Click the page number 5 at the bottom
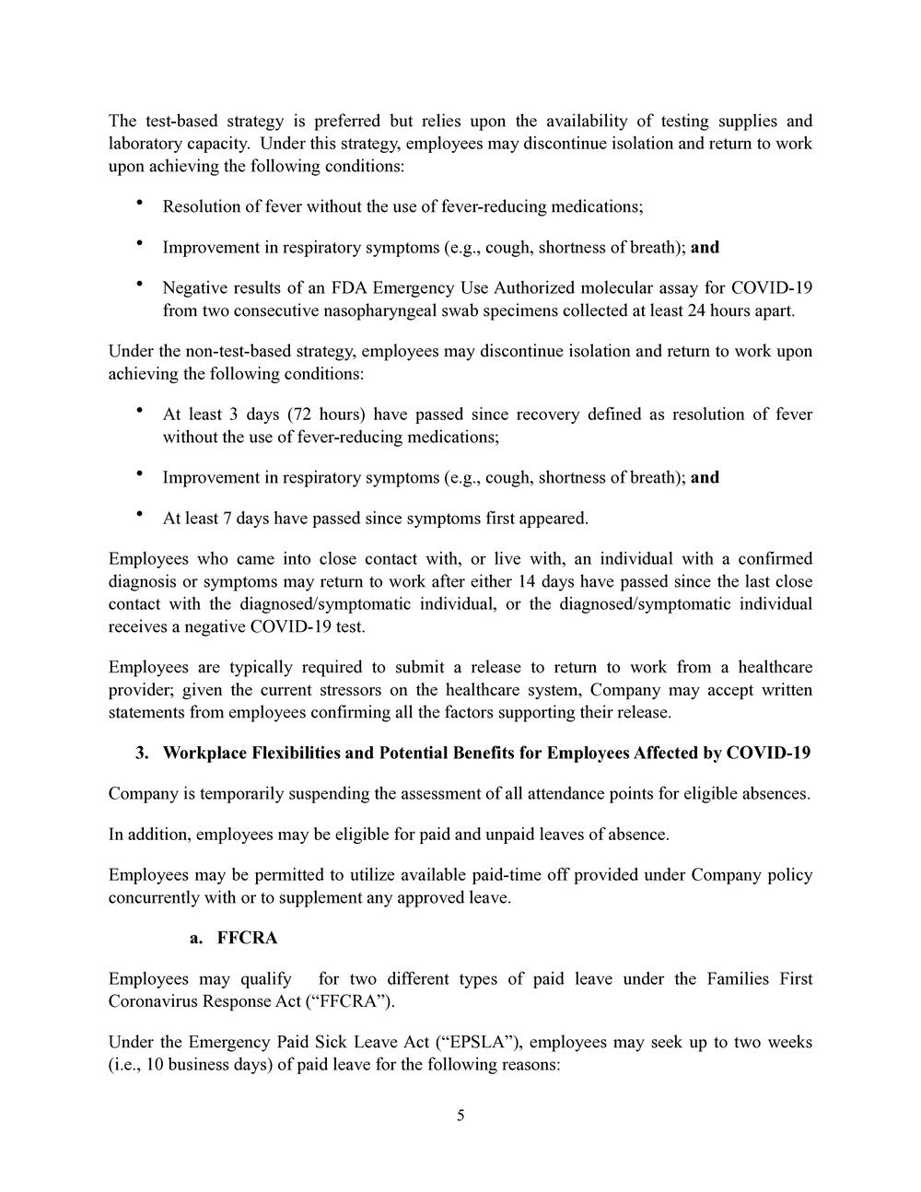click(x=460, y=1116)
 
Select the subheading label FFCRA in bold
click(x=247, y=939)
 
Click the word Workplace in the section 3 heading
click(x=201, y=754)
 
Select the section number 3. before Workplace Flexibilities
click(x=142, y=754)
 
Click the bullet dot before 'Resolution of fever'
click(x=139, y=203)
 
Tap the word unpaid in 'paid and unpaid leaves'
click(x=522, y=835)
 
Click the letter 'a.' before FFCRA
click(x=195, y=939)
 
